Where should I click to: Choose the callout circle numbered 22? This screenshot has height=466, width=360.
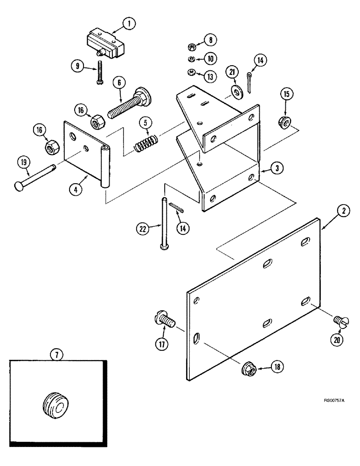(x=142, y=228)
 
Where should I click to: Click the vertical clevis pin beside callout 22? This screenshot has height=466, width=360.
(x=163, y=224)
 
